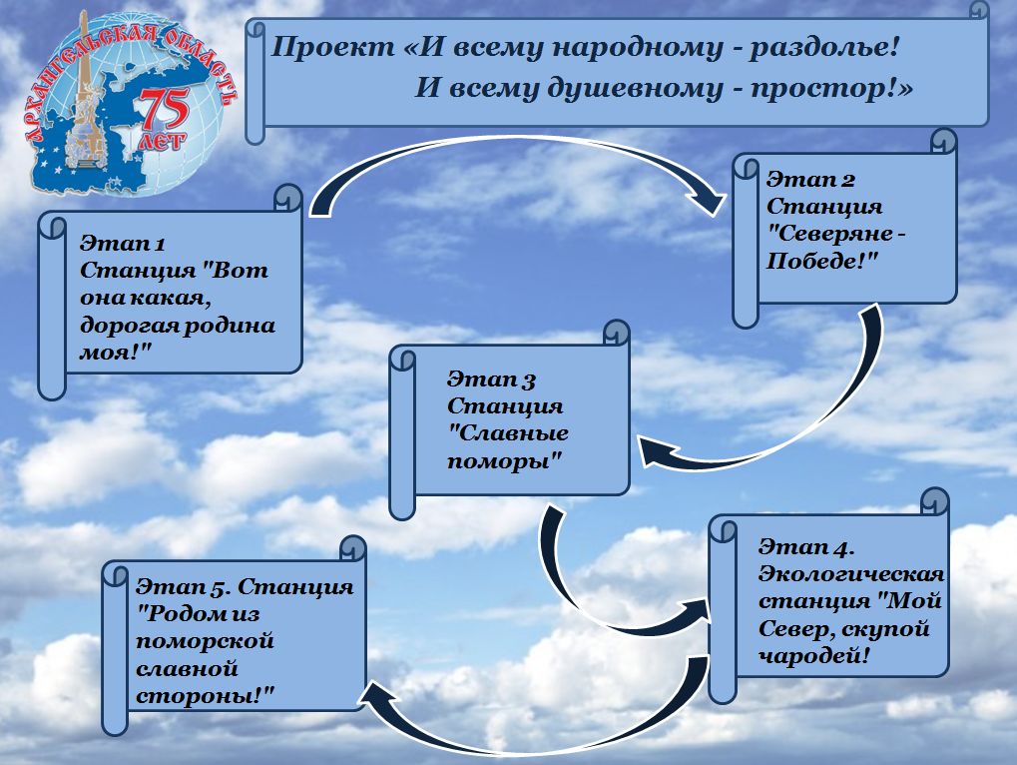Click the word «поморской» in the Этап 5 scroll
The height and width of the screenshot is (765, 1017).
[205, 640]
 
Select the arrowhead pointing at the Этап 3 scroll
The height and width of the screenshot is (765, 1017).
[656, 454]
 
